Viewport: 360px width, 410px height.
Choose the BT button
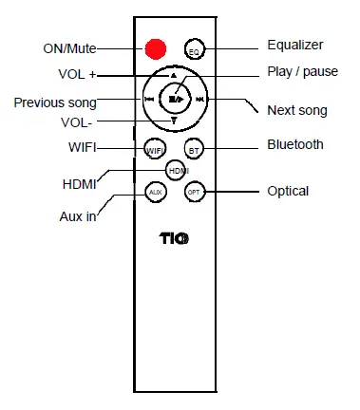click(x=194, y=149)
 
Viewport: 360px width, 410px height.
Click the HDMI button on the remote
click(x=176, y=170)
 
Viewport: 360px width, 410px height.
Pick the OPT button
click(x=194, y=192)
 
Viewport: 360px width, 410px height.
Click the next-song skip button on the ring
click(x=199, y=98)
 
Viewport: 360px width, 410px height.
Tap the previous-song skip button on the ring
click(x=150, y=98)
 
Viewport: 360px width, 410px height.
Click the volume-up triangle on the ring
click(x=174, y=75)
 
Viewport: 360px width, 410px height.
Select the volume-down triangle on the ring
click(x=174, y=121)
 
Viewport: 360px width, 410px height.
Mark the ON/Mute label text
click(x=70, y=48)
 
